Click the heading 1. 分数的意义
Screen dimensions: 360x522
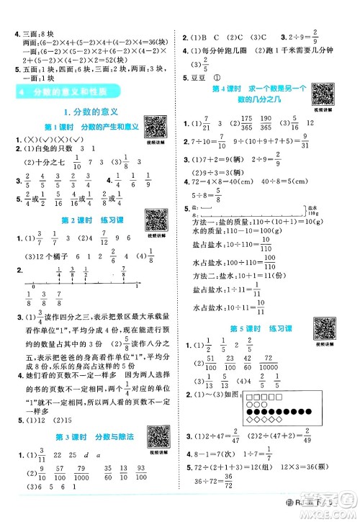(x=90, y=112)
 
